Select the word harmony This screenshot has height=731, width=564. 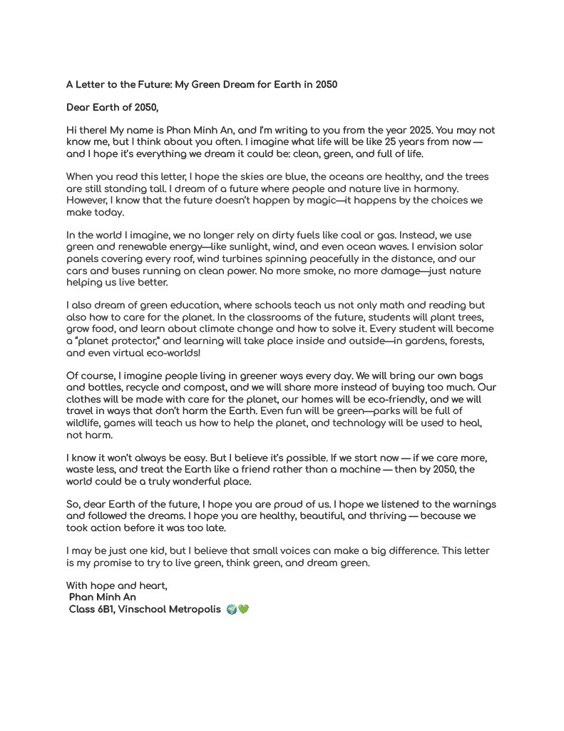pyautogui.click(x=435, y=188)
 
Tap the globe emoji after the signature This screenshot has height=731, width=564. pyautogui.click(x=231, y=610)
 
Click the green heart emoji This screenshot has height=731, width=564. pyautogui.click(x=243, y=610)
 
